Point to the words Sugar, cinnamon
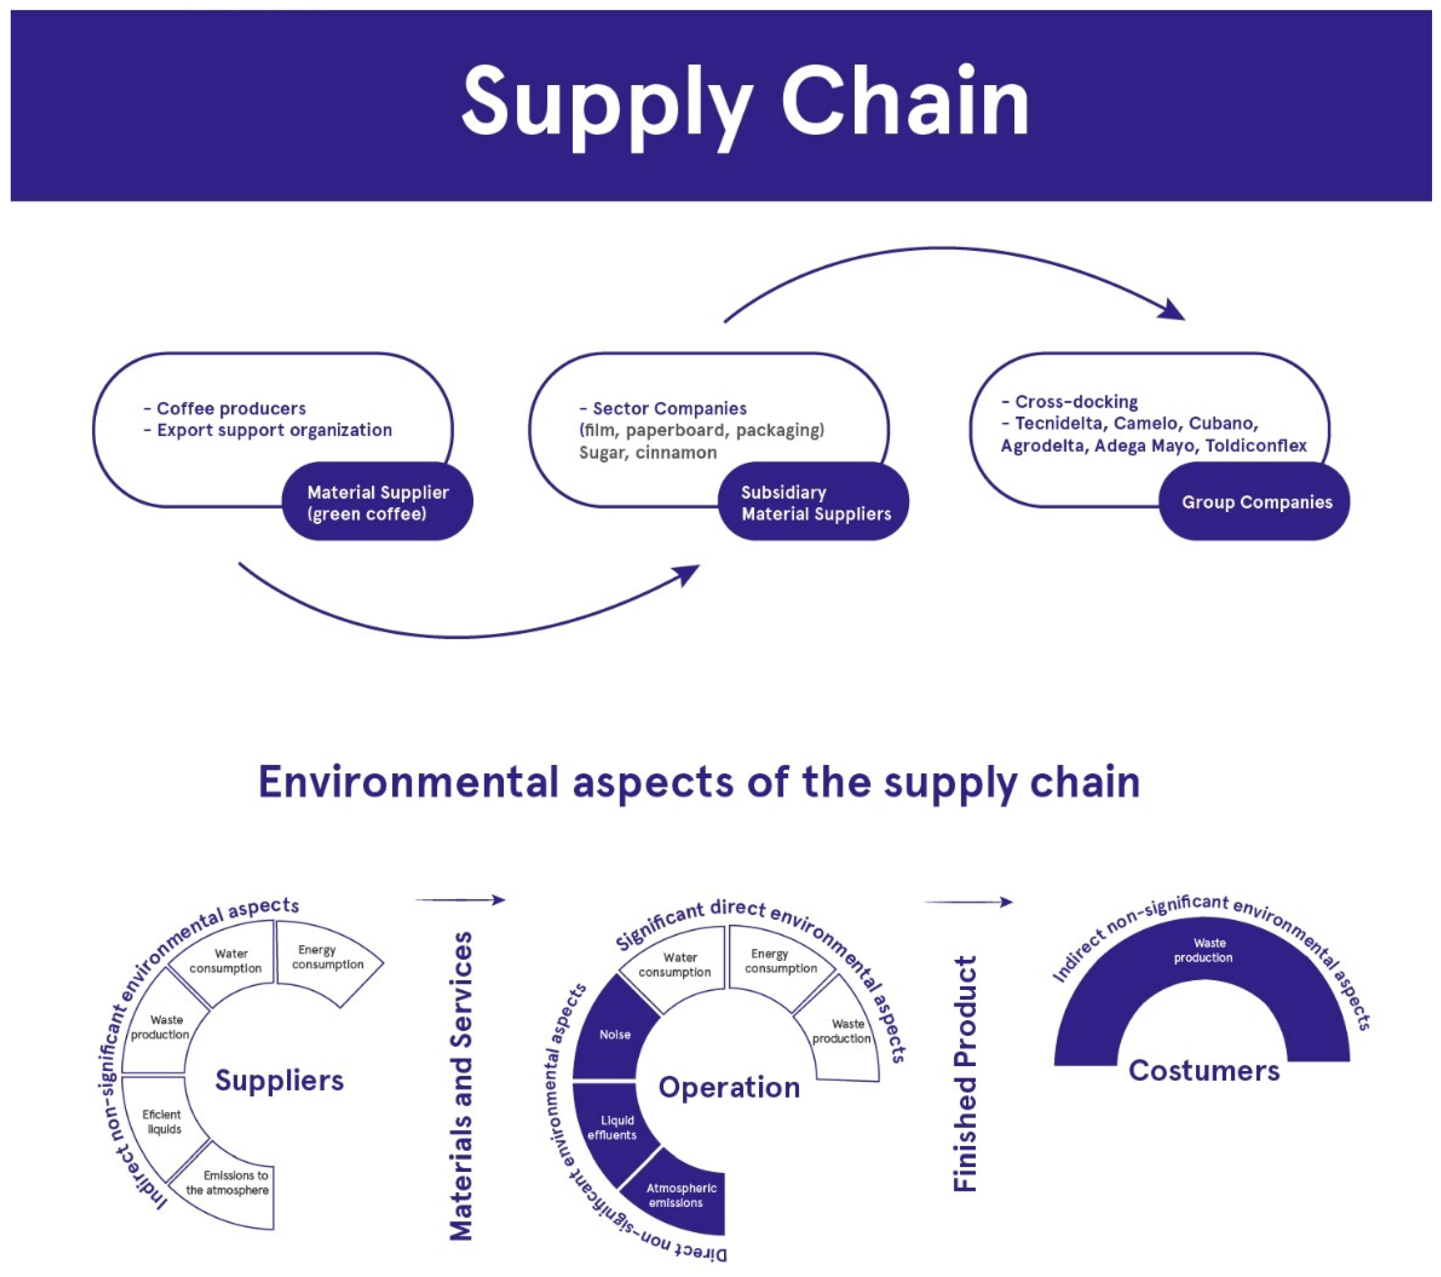(647, 453)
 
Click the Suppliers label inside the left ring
(279, 1080)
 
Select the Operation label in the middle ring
(729, 1087)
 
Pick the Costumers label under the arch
(1203, 1070)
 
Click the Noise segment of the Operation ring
(614, 1035)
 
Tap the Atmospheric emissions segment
(680, 1195)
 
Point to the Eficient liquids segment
(161, 1121)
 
